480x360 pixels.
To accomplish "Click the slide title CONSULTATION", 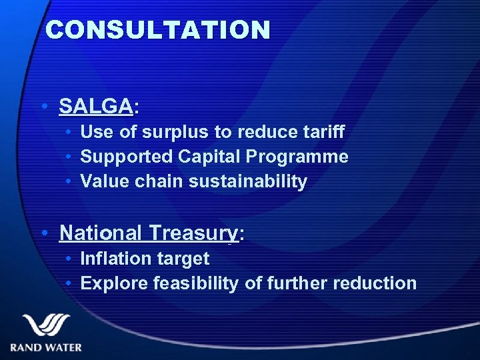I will [158, 30].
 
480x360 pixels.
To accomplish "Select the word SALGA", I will [96, 106].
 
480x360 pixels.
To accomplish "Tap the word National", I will [100, 233].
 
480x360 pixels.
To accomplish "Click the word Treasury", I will [193, 233].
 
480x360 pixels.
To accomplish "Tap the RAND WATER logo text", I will [46, 347].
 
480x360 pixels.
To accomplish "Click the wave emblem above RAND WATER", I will [45, 325].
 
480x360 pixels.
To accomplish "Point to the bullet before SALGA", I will [43, 106].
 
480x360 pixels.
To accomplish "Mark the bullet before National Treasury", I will [43, 233].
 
